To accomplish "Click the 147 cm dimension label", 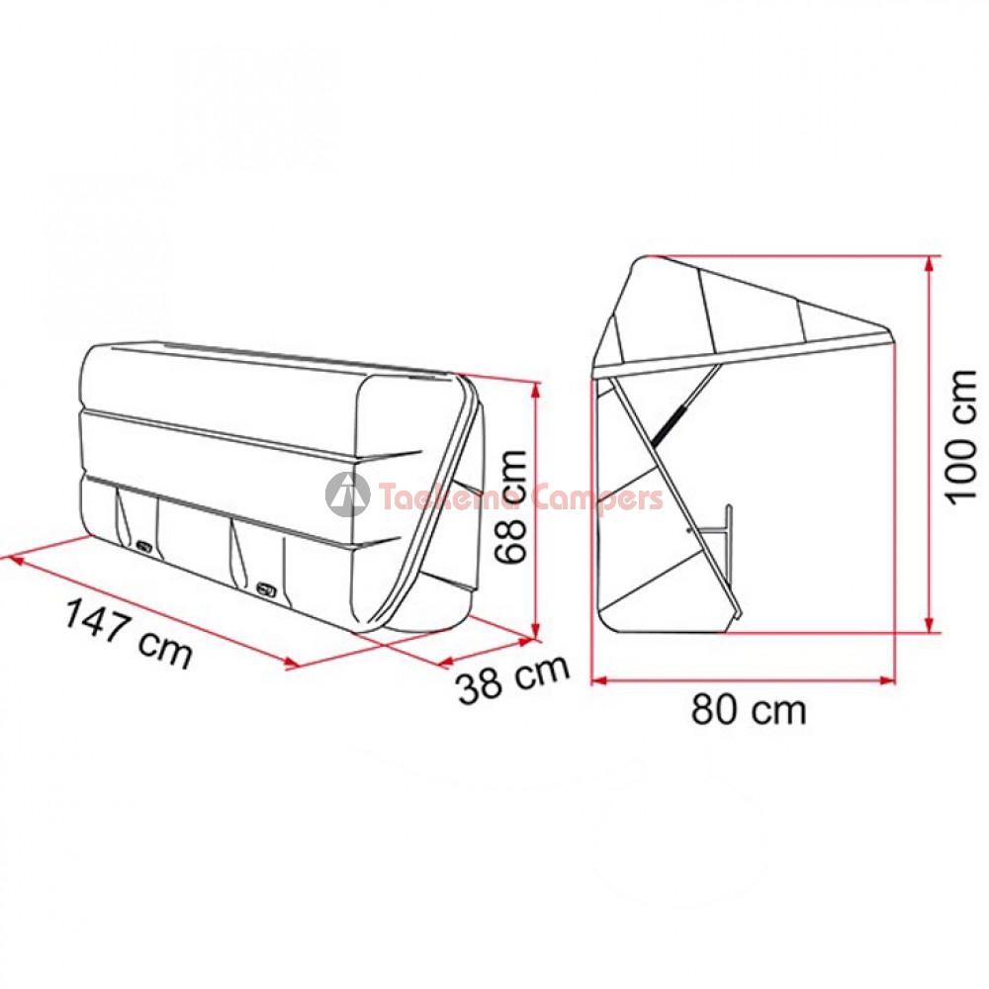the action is point(128,633).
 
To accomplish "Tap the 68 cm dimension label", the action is point(511,507).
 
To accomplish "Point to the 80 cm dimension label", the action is point(749,709).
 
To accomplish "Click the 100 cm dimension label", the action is point(961,436).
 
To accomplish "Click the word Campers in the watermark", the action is point(598,497).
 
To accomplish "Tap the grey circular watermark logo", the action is point(347,494).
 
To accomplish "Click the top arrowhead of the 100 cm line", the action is point(928,264).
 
